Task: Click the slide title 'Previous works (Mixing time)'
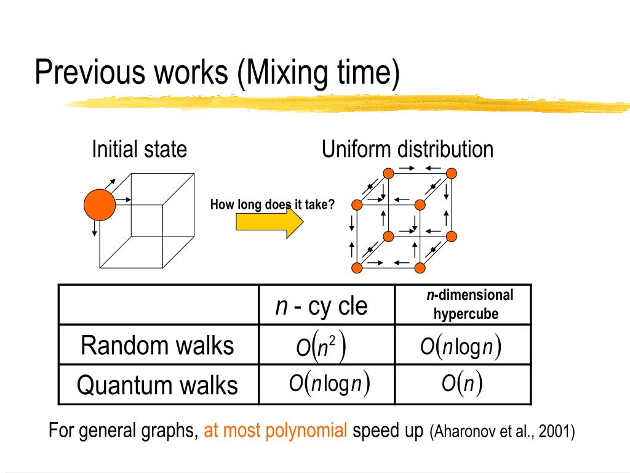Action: (x=217, y=73)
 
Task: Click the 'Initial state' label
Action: (x=139, y=149)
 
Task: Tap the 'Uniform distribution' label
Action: (x=407, y=149)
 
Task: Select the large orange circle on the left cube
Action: (x=100, y=205)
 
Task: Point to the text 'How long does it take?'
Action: (x=272, y=205)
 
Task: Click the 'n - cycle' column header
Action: (x=321, y=305)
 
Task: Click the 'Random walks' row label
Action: (x=157, y=346)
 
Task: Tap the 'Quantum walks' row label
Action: (x=157, y=386)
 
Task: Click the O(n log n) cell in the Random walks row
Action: (x=461, y=347)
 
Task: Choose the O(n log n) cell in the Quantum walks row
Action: (x=329, y=384)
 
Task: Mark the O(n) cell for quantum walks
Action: (x=461, y=384)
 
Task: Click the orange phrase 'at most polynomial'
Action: (x=276, y=431)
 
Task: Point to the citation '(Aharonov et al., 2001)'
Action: (x=502, y=431)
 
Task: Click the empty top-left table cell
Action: (x=158, y=304)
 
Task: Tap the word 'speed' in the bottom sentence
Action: (x=370, y=431)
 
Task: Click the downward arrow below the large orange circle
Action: (x=94, y=228)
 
